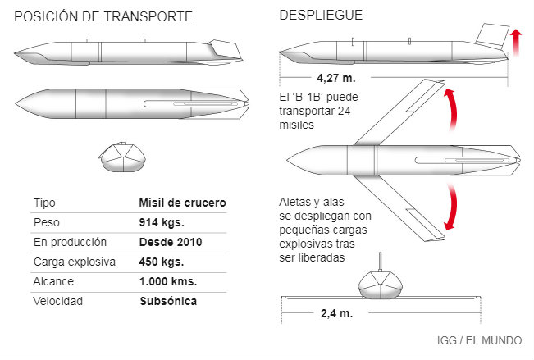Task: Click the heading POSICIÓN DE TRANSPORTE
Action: point(104,16)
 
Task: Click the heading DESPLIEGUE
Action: point(321,16)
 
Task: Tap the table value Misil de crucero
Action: point(182,203)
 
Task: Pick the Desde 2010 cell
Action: point(171,242)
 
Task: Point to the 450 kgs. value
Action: point(161,262)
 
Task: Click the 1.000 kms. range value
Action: point(167,281)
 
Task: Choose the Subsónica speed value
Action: point(168,301)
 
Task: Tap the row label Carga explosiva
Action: point(75,262)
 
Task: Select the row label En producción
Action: point(71,242)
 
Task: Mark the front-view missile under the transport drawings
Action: point(122,157)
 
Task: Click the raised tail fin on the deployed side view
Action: point(491,35)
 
